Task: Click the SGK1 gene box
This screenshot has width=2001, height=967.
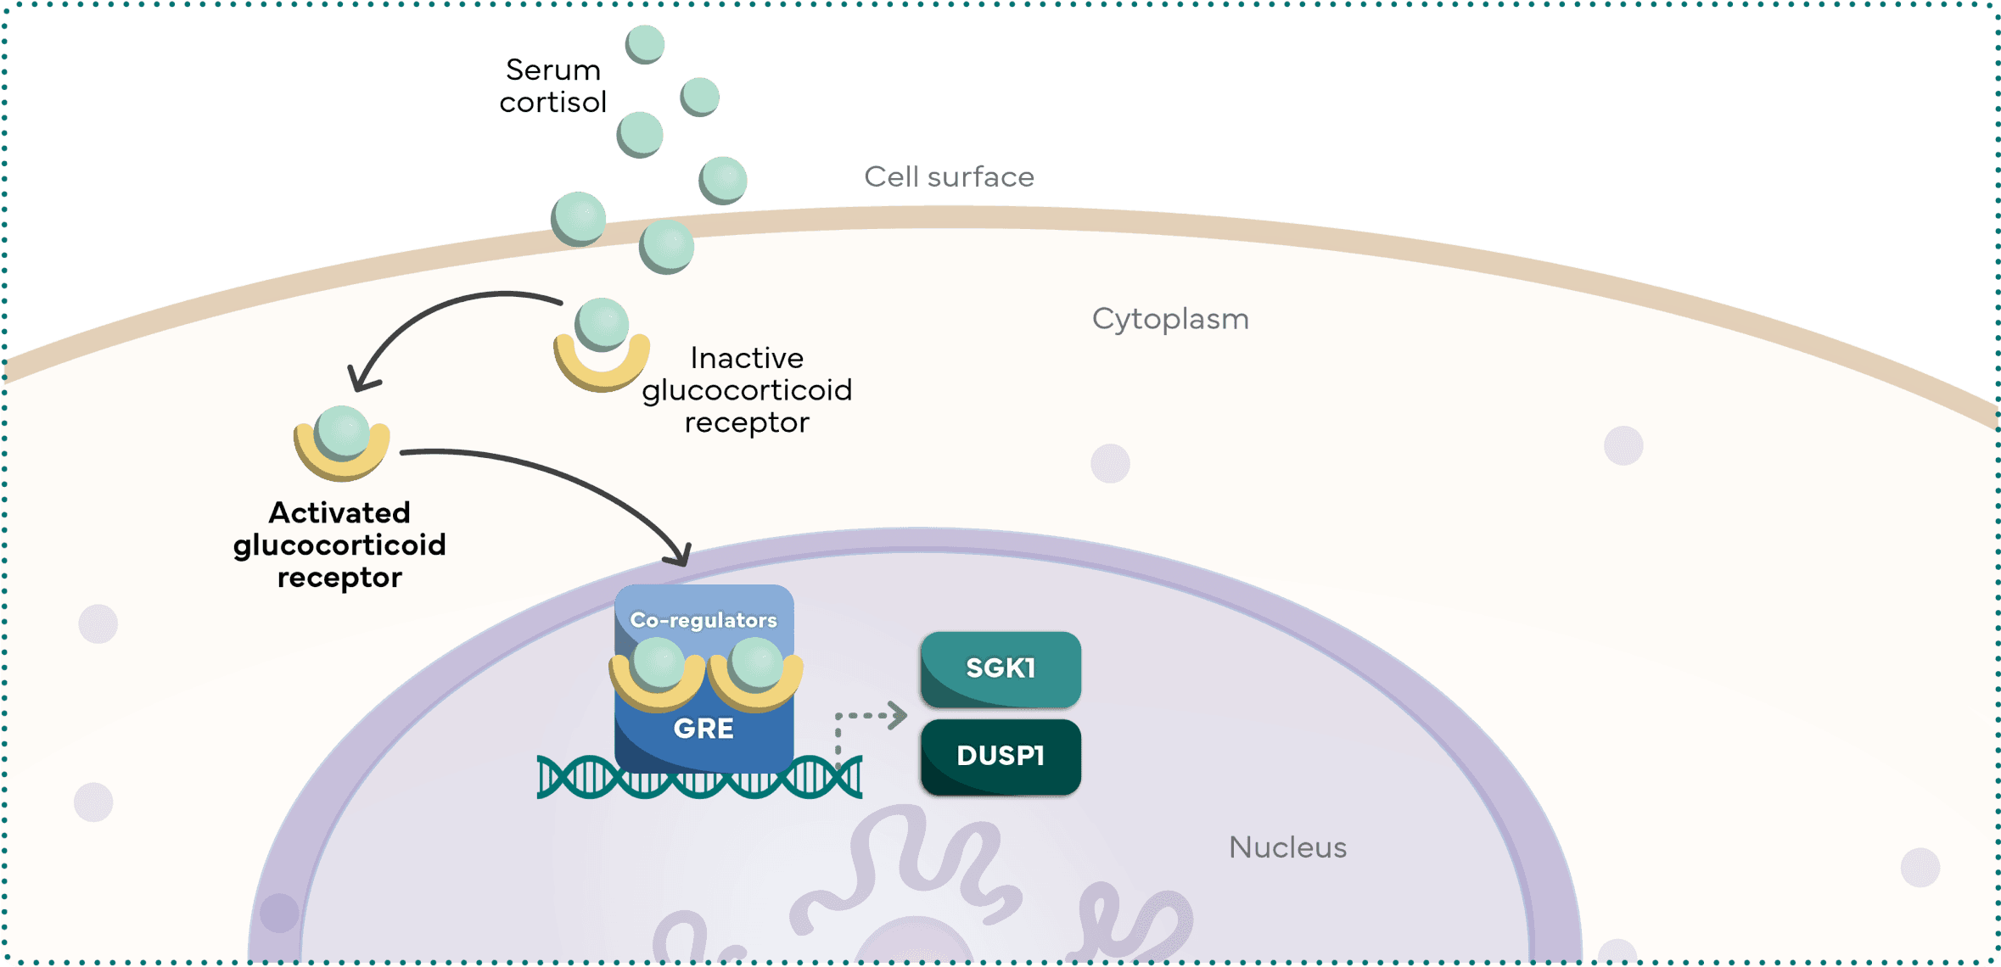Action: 1000,668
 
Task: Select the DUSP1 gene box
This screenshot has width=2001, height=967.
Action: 1000,756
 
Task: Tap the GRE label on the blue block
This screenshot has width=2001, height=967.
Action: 703,729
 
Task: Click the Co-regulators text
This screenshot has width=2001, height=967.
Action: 703,620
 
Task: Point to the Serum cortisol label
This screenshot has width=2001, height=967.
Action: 552,86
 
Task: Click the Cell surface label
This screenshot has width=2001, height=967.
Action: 949,177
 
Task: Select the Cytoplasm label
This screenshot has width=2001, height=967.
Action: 1169,319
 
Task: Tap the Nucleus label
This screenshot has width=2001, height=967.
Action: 1286,847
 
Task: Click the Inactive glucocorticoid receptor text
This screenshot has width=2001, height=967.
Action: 746,389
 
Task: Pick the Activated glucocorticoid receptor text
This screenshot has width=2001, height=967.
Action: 339,545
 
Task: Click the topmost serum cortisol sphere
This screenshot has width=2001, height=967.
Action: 645,43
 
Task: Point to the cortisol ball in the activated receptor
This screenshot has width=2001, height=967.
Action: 342,431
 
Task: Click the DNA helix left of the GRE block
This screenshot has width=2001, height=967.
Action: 577,777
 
